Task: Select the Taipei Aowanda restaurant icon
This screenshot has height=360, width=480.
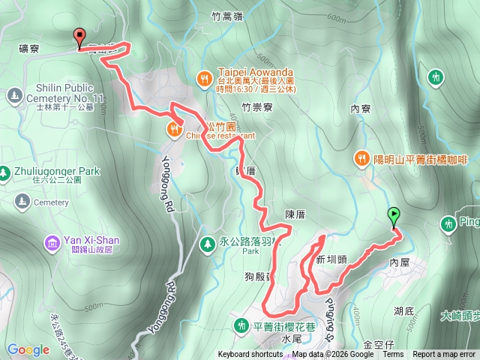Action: pyautogui.click(x=203, y=76)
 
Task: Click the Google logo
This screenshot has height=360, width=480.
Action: pyautogui.click(x=28, y=349)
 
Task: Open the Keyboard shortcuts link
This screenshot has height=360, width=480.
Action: pyautogui.click(x=250, y=355)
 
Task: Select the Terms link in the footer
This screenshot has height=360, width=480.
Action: pyautogui.click(x=392, y=355)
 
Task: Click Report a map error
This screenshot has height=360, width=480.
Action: pyautogui.click(x=445, y=355)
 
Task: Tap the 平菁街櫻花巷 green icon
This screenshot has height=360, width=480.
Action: pyautogui.click(x=241, y=325)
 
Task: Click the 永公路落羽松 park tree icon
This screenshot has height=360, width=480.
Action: pyautogui.click(x=207, y=244)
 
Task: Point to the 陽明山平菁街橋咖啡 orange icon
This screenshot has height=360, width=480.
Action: pyautogui.click(x=361, y=159)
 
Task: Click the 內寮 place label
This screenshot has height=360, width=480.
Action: pyautogui.click(x=361, y=109)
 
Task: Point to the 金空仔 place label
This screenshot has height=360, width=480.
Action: pyautogui.click(x=378, y=343)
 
